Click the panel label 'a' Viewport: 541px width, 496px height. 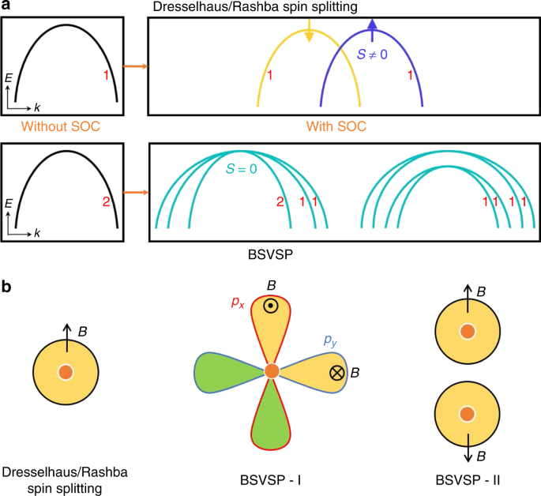[x=6, y=6]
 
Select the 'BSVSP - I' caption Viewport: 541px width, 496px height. [x=272, y=479]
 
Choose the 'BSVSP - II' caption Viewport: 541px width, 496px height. [x=468, y=479]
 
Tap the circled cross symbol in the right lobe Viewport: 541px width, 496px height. [x=337, y=372]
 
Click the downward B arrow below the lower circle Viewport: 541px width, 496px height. [x=468, y=451]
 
